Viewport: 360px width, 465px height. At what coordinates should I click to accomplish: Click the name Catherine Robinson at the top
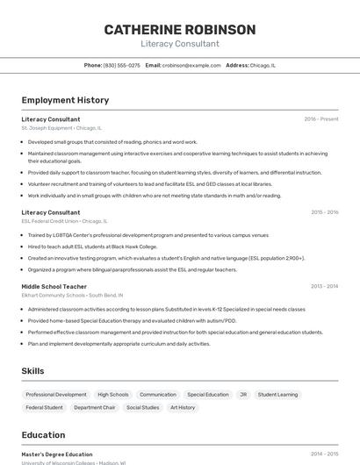[x=180, y=29]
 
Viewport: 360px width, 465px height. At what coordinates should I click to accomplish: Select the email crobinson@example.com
[x=191, y=65]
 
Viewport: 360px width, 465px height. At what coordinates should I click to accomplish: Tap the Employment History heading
[x=65, y=100]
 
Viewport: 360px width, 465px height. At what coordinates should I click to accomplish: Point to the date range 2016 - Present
[x=320, y=118]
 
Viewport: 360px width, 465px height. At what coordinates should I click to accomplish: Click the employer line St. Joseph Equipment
[x=61, y=128]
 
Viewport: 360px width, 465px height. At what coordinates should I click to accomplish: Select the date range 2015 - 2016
[x=324, y=212]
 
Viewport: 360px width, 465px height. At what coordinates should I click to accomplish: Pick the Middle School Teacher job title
[x=54, y=286]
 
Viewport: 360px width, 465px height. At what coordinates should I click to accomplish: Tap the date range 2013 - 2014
[x=324, y=286]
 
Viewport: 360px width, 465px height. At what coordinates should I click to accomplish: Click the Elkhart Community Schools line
[x=72, y=296]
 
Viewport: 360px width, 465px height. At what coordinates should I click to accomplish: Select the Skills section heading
[x=33, y=371]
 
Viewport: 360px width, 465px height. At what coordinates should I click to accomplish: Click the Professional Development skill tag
[x=56, y=395]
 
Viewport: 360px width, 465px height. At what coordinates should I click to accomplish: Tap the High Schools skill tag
[x=113, y=395]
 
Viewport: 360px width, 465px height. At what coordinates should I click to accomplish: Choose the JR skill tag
[x=243, y=395]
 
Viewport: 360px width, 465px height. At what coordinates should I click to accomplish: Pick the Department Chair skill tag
[x=95, y=407]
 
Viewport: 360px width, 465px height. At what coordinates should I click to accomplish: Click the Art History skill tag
[x=183, y=407]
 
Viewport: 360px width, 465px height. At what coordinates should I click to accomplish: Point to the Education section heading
[x=43, y=435]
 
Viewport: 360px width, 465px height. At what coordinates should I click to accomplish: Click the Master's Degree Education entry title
[x=57, y=454]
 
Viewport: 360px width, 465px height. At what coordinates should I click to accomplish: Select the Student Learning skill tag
[x=277, y=395]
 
